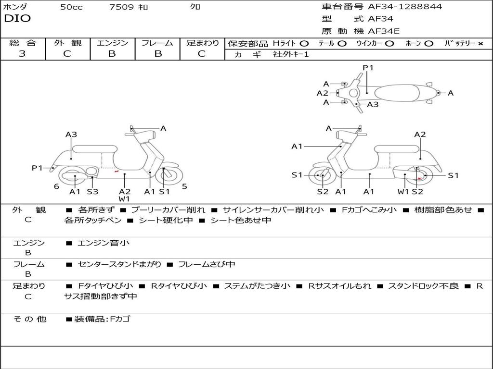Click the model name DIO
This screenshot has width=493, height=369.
(17, 19)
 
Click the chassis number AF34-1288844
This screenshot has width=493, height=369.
(405, 7)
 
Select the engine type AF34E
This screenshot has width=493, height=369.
(384, 31)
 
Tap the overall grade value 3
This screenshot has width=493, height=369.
(22, 54)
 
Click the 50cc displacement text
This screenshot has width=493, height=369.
(71, 7)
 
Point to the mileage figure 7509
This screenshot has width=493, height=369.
(121, 7)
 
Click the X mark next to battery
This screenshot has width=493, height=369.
(480, 44)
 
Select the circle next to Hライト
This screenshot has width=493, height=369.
(304, 44)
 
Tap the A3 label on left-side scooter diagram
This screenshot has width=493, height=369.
(71, 135)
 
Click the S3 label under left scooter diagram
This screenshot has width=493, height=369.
(92, 191)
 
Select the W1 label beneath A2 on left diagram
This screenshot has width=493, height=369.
(125, 199)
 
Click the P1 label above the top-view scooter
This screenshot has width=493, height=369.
(368, 68)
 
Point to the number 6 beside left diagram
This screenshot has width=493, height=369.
(57, 186)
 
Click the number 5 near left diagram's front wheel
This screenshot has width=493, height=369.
(184, 186)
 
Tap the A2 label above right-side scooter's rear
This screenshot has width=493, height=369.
(420, 135)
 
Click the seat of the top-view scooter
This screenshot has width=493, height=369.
(397, 93)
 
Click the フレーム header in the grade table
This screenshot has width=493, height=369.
(157, 43)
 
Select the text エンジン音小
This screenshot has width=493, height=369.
(104, 243)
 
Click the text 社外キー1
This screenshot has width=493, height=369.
(291, 54)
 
